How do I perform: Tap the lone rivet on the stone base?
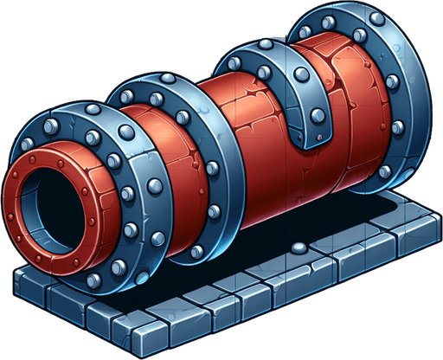point(299,248)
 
